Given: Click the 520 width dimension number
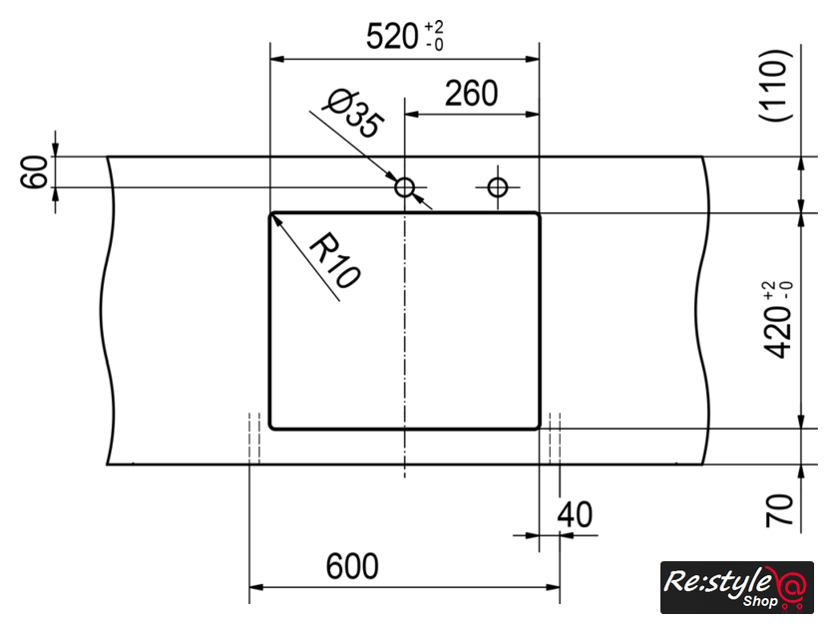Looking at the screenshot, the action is click(x=392, y=37).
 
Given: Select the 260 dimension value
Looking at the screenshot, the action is click(x=471, y=94).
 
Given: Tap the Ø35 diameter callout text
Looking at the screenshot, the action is click(x=354, y=114).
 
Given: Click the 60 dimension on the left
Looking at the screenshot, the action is click(x=34, y=171).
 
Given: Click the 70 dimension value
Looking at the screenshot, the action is click(x=779, y=510).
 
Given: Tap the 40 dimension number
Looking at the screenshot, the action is click(x=575, y=515).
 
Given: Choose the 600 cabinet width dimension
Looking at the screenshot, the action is click(x=352, y=566).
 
